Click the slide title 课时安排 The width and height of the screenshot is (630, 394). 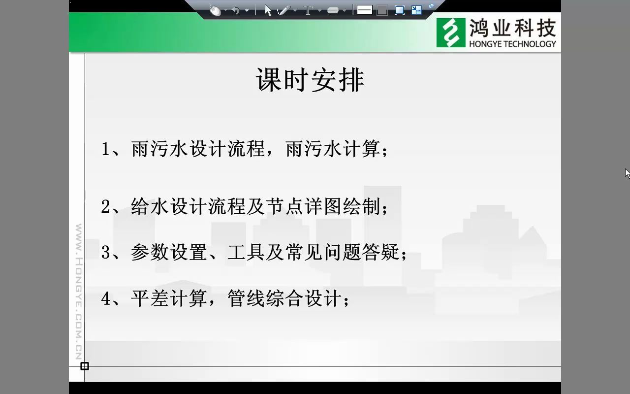310,80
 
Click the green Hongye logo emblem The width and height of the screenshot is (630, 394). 450,33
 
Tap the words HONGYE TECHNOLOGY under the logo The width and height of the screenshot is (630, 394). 512,44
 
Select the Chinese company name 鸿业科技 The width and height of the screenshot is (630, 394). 512,29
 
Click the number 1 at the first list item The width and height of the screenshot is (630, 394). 105,149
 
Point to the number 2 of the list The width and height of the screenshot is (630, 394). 105,207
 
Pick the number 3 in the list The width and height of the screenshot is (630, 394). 105,253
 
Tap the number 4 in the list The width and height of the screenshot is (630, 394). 105,298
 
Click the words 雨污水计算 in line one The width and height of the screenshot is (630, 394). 333,149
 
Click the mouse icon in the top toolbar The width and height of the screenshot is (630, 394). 215,10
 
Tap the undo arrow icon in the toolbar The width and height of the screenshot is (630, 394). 236,10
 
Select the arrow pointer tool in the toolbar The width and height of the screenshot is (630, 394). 268,10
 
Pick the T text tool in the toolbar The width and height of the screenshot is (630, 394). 309,10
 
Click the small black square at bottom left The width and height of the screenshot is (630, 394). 85,366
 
